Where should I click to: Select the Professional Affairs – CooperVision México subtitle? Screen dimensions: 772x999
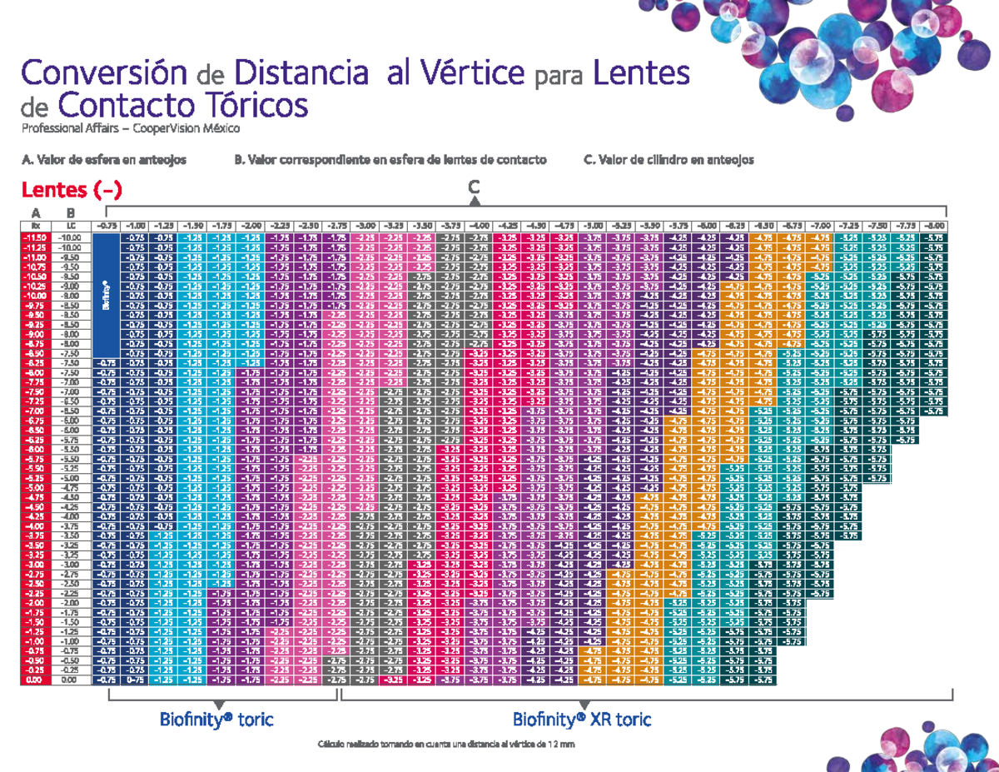tap(130, 129)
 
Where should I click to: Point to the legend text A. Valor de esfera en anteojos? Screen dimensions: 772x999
tap(104, 159)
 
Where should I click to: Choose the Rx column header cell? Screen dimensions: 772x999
tap(35, 226)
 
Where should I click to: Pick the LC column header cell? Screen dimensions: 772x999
tap(71, 226)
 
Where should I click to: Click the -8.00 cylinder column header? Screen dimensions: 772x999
tap(933, 226)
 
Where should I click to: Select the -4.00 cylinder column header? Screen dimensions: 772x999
tap(478, 226)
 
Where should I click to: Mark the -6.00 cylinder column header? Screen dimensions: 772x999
tap(706, 226)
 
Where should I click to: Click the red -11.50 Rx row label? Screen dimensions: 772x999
tap(35, 237)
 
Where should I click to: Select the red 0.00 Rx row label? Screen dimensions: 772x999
tap(35, 680)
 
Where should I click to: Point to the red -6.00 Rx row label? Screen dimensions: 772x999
tap(35, 449)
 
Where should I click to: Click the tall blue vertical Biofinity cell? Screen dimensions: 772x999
tap(106, 296)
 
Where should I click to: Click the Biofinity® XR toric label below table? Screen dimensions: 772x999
tap(582, 719)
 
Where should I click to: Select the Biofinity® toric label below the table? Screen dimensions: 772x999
tap(217, 719)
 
